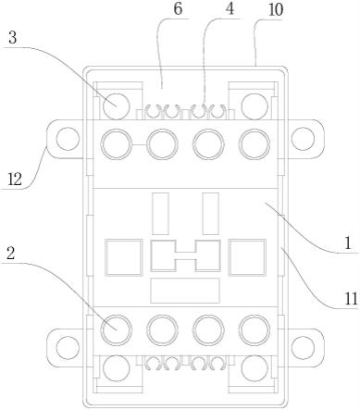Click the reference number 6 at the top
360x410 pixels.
coord(178,9)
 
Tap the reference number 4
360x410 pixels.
coord(230,9)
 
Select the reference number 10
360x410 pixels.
coord(276,10)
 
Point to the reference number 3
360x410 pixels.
coord(12,38)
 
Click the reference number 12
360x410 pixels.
coord(15,179)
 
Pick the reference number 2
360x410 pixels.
coord(11,254)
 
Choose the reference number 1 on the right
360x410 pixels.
coord(348,243)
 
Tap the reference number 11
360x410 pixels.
coord(351,298)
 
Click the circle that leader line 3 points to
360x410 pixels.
coord(116,106)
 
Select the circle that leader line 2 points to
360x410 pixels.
coord(117,330)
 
